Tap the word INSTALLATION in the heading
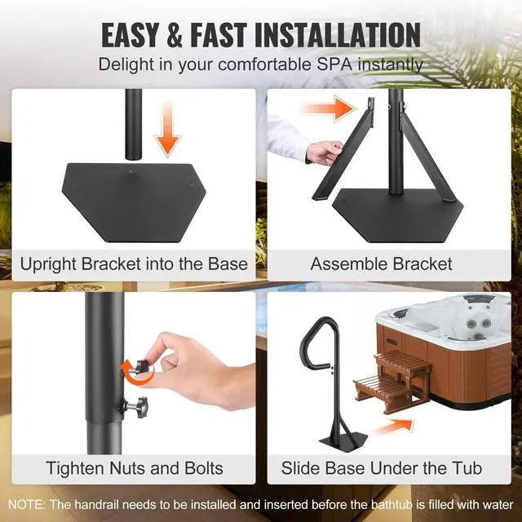coord(337,34)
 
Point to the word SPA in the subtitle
coord(345,64)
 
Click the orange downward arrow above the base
coord(167,133)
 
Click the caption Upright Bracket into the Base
coord(134,264)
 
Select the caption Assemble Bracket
coord(381,264)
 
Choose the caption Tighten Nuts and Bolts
coord(134,468)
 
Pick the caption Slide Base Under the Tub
coord(381,468)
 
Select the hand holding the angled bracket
coord(324,153)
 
